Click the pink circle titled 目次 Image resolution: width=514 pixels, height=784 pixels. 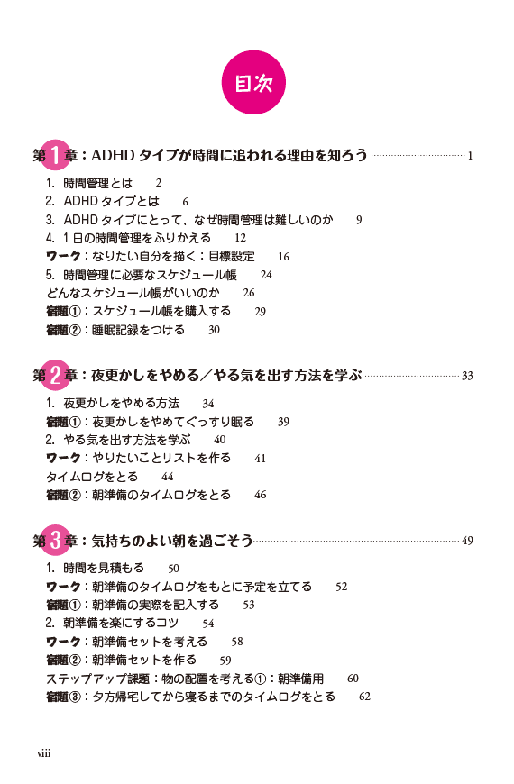(253, 83)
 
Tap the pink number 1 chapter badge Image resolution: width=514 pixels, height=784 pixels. (56, 154)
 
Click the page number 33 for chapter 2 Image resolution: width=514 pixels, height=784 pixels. (467, 376)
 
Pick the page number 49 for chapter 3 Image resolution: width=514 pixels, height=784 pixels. (467, 541)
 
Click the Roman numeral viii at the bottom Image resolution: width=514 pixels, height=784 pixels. (43, 753)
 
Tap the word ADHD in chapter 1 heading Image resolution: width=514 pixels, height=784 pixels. (113, 156)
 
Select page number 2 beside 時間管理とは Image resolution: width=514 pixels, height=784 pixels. (159, 183)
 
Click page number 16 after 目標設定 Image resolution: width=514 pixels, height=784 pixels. (283, 257)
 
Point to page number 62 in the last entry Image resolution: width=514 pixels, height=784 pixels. (365, 697)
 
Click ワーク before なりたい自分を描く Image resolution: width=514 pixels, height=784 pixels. (63, 257)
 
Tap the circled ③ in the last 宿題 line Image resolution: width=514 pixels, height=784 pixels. (75, 697)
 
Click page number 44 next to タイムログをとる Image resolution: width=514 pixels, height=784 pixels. (167, 477)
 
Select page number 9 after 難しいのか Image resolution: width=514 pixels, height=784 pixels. (359, 220)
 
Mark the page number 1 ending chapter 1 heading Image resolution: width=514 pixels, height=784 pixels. (470, 156)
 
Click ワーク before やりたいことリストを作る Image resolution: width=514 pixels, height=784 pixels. (63, 458)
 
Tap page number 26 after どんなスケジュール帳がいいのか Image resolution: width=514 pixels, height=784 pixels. (249, 293)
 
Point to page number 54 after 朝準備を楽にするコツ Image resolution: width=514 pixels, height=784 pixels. (208, 624)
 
